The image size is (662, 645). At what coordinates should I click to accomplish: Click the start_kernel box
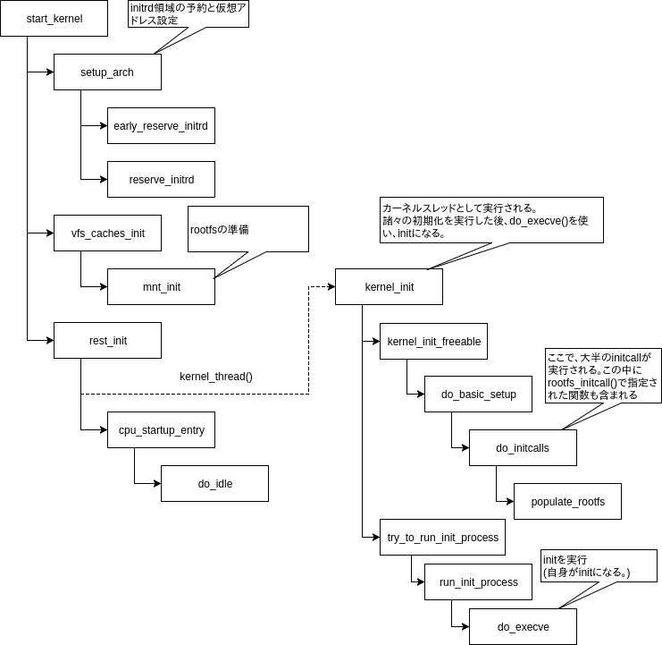(54, 19)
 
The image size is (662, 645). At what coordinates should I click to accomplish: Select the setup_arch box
(107, 72)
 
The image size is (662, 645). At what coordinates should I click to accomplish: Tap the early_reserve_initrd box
(161, 126)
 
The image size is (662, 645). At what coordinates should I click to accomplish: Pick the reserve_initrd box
(161, 180)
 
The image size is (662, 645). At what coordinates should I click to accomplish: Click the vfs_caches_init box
(107, 233)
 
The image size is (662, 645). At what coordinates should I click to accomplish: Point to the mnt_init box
(161, 287)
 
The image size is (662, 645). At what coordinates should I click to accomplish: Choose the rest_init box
(107, 341)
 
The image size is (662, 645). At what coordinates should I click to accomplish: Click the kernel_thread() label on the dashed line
(216, 377)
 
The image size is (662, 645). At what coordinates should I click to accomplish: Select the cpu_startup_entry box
(161, 430)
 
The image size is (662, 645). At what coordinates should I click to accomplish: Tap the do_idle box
(214, 484)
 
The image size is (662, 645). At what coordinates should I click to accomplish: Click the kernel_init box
(389, 287)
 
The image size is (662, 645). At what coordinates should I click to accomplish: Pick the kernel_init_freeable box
(433, 341)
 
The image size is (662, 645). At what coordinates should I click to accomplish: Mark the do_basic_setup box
(478, 395)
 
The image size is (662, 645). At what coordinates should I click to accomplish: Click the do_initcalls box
(523, 448)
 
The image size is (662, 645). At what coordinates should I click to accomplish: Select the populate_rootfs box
(567, 502)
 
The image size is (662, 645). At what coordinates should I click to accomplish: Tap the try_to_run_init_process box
(442, 538)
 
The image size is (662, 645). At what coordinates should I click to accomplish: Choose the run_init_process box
(478, 582)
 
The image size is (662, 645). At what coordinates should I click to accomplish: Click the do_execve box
(523, 627)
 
